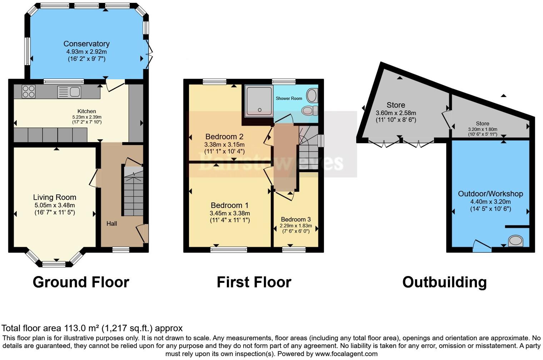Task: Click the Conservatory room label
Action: click(86, 44)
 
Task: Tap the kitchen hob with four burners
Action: click(29, 91)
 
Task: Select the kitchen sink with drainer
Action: click(69, 92)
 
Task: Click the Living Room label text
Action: click(55, 197)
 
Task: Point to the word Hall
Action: click(111, 224)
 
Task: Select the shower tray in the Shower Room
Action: click(259, 101)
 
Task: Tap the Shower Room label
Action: click(289, 98)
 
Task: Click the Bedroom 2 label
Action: click(224, 136)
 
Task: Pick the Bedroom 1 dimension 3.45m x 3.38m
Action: click(230, 213)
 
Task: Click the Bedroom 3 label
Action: click(296, 219)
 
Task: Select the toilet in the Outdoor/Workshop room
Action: click(515, 240)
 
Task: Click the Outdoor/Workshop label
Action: click(490, 194)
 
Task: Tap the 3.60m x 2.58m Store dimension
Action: click(396, 113)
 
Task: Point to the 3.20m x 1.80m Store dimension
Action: click(483, 129)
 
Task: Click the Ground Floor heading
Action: click(81, 282)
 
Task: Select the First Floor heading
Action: click(254, 282)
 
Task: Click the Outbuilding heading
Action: click(444, 282)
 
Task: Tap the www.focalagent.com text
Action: click(346, 354)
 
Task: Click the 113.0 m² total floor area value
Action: click(82, 328)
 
